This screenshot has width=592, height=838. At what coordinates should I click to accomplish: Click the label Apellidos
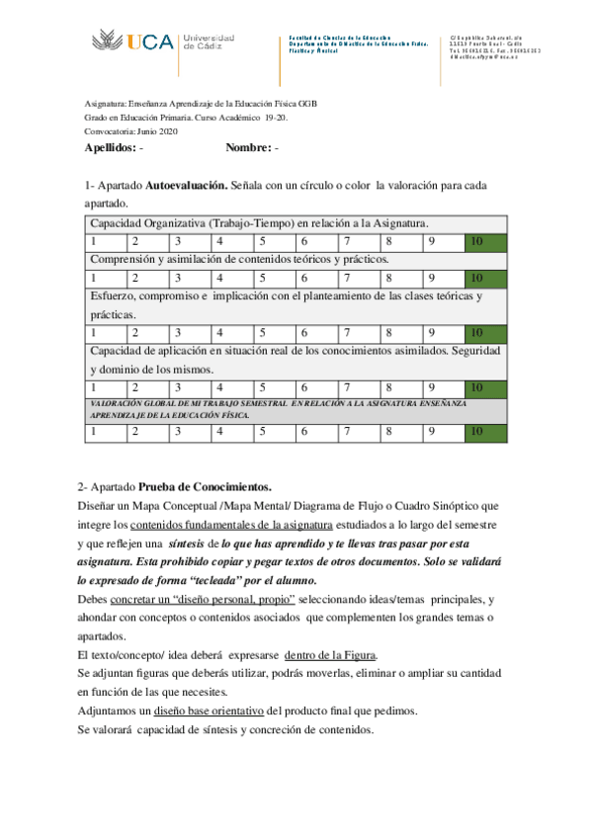coord(110,147)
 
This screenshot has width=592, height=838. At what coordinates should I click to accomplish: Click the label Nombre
coord(247,147)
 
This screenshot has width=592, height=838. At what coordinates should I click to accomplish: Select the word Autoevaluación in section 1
coord(186,185)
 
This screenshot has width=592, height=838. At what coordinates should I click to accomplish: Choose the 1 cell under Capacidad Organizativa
coord(105,241)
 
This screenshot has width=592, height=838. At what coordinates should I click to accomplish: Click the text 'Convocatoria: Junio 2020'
coord(130,131)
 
